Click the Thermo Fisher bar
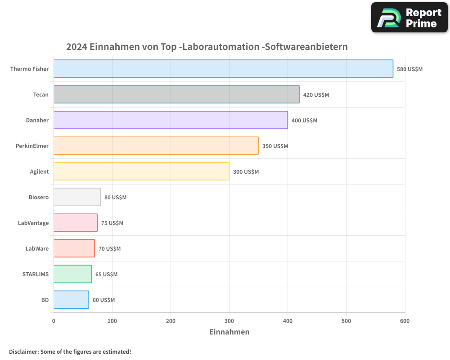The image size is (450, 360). pos(223,69)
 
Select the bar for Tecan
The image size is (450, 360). pos(176,94)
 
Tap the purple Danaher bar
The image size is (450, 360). pos(171,120)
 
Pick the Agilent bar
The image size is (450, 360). pos(141,171)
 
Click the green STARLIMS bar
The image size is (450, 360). pos(72,274)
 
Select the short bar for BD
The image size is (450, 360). pos(71,300)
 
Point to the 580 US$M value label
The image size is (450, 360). pos(409,69)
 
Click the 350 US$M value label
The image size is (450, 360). pos(275,146)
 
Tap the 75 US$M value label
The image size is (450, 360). pos(112,223)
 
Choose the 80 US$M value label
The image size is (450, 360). pos(115,198)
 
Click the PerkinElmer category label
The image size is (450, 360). pos(32,146)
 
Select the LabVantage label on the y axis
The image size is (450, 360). pos(33,223)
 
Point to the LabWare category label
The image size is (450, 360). pos(37,249)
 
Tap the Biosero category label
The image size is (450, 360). pos(38,198)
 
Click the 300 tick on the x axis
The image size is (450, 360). pos(229,321)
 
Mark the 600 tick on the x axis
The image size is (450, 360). pos(405,321)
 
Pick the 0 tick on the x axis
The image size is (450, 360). pos(54,321)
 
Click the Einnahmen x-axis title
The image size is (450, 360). pos(229,332)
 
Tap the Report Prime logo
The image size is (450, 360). pos(409,18)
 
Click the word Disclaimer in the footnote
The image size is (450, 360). pos(23,352)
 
